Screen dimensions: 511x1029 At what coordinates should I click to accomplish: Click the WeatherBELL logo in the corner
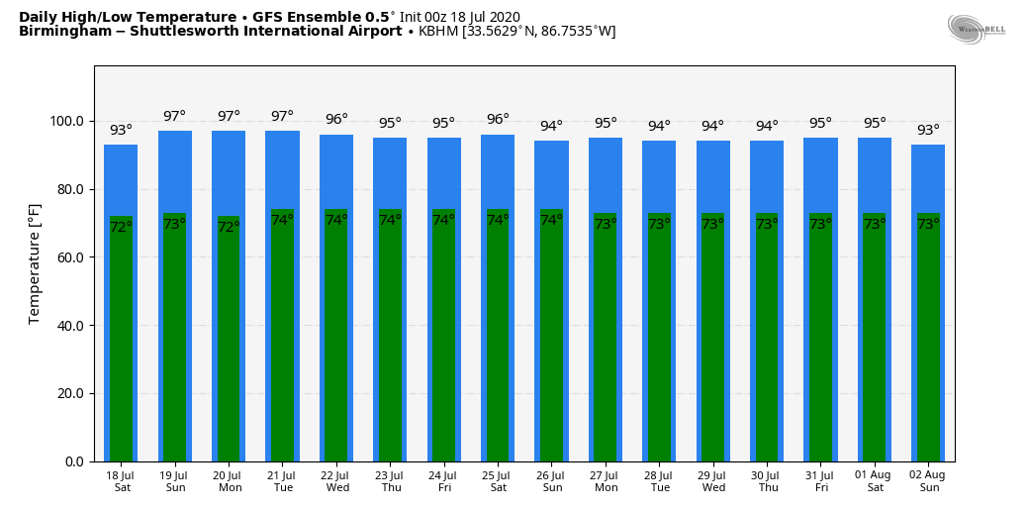click(976, 30)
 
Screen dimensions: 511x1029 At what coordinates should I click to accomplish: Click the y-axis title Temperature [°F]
click(35, 263)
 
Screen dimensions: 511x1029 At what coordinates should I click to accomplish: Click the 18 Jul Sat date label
click(122, 481)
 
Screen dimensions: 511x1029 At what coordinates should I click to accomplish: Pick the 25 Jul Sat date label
click(498, 481)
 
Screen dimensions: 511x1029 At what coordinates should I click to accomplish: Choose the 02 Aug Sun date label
click(928, 481)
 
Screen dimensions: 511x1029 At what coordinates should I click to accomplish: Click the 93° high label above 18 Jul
click(121, 130)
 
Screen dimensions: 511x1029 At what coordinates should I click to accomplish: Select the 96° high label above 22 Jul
click(336, 120)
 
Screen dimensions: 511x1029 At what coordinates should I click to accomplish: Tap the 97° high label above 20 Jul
click(229, 116)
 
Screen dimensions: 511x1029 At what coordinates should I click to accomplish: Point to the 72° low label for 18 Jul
click(121, 227)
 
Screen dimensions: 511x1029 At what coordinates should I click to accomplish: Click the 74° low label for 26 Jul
click(551, 220)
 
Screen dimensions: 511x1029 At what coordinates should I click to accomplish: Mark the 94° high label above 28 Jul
click(659, 126)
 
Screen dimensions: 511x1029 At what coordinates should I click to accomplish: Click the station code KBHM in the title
click(438, 32)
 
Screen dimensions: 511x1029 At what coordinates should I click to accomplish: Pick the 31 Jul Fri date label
click(820, 481)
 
